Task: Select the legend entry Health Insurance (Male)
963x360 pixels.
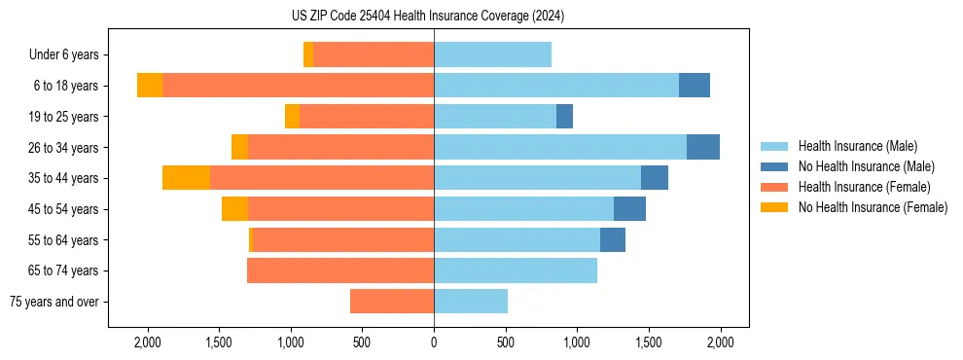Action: click(857, 146)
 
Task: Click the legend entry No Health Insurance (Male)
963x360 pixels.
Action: click(866, 166)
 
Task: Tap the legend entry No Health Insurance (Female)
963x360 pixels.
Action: click(873, 207)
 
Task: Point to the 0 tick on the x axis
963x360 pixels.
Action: click(434, 342)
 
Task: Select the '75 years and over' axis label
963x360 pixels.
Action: click(54, 302)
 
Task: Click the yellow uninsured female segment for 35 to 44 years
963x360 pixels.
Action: click(186, 178)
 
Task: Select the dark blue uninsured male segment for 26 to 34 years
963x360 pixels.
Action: click(703, 147)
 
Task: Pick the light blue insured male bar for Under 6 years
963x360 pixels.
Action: click(492, 55)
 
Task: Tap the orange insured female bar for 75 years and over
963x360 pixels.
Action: click(392, 302)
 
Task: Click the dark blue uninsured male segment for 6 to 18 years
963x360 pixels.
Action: click(695, 86)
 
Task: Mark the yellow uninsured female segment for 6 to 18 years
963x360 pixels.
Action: click(150, 86)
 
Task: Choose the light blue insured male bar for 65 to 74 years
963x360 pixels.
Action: click(516, 270)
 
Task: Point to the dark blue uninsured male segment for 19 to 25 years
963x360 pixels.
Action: click(564, 117)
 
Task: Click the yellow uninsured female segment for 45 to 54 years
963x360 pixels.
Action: click(234, 209)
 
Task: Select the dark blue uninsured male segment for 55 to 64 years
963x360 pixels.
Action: click(613, 240)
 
